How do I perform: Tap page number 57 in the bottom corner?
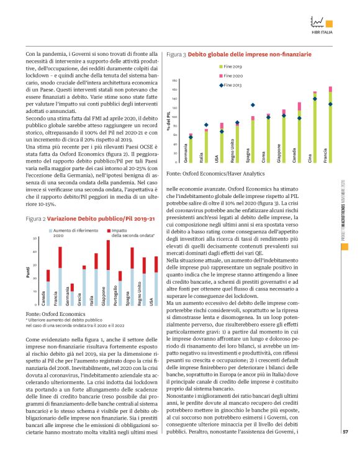pyautogui.click(x=345, y=448)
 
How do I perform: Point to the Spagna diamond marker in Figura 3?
pyautogui.click(x=253, y=106)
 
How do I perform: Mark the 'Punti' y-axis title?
pyautogui.click(x=29, y=272)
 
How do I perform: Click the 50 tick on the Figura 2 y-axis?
pyautogui.click(x=35, y=238)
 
